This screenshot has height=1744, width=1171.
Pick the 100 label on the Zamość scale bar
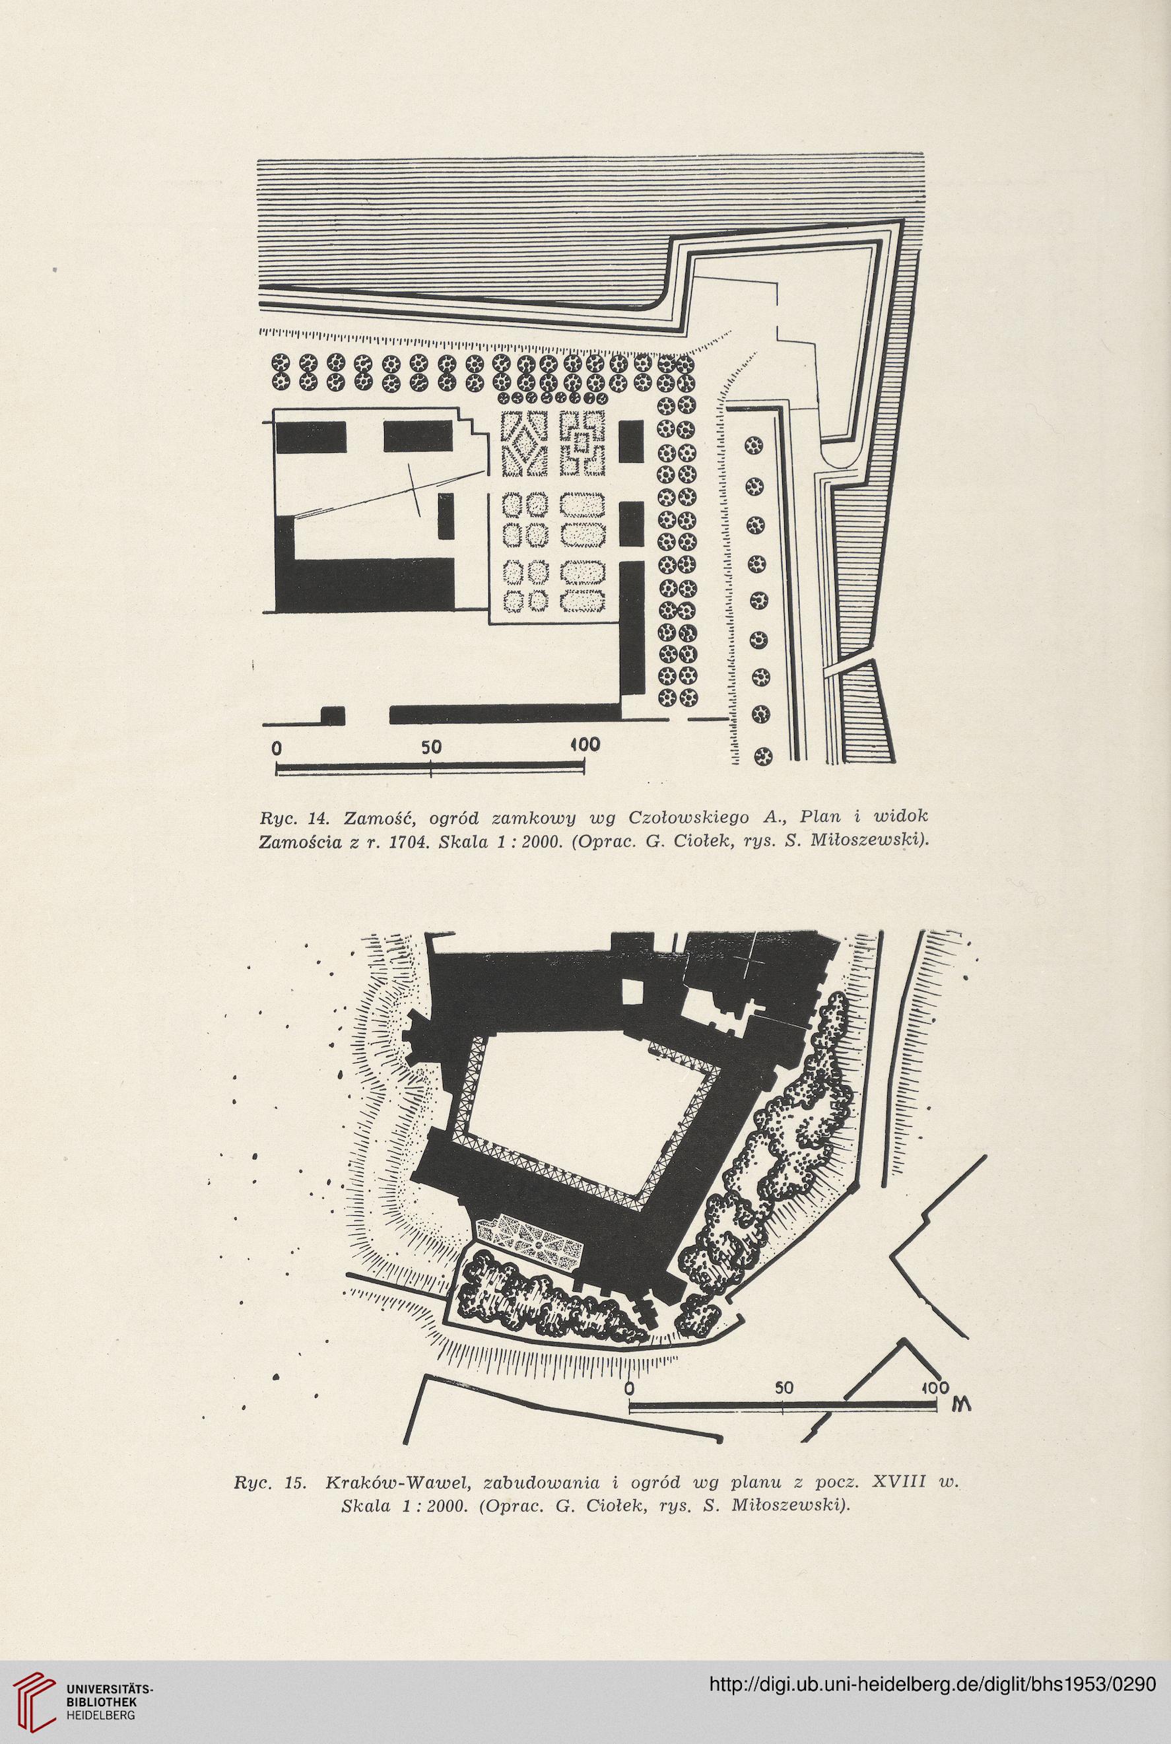tap(586, 745)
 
